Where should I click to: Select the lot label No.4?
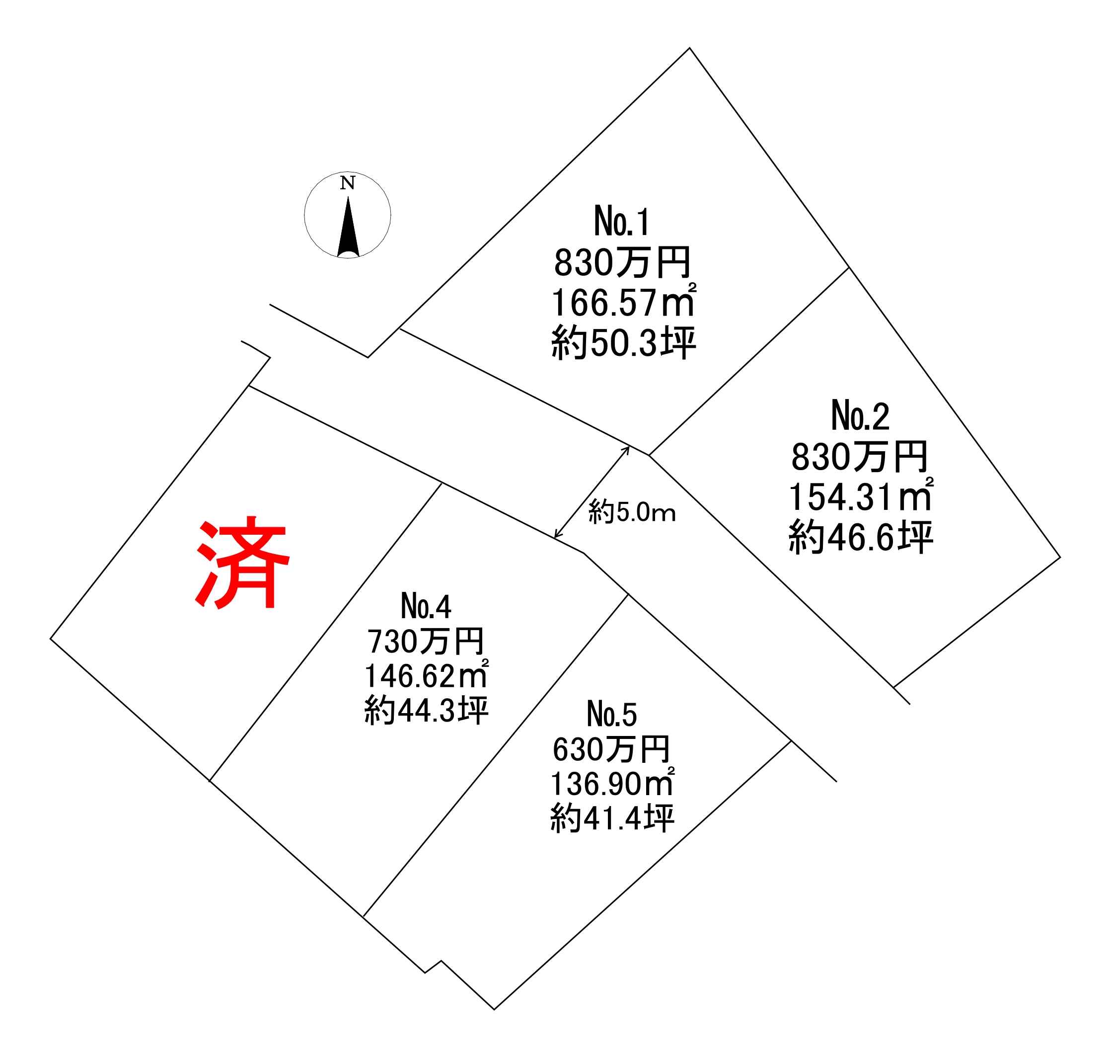(426, 607)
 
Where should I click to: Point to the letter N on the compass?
(347, 183)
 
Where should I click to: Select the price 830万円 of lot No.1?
(622, 263)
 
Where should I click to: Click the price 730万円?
(426, 641)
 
